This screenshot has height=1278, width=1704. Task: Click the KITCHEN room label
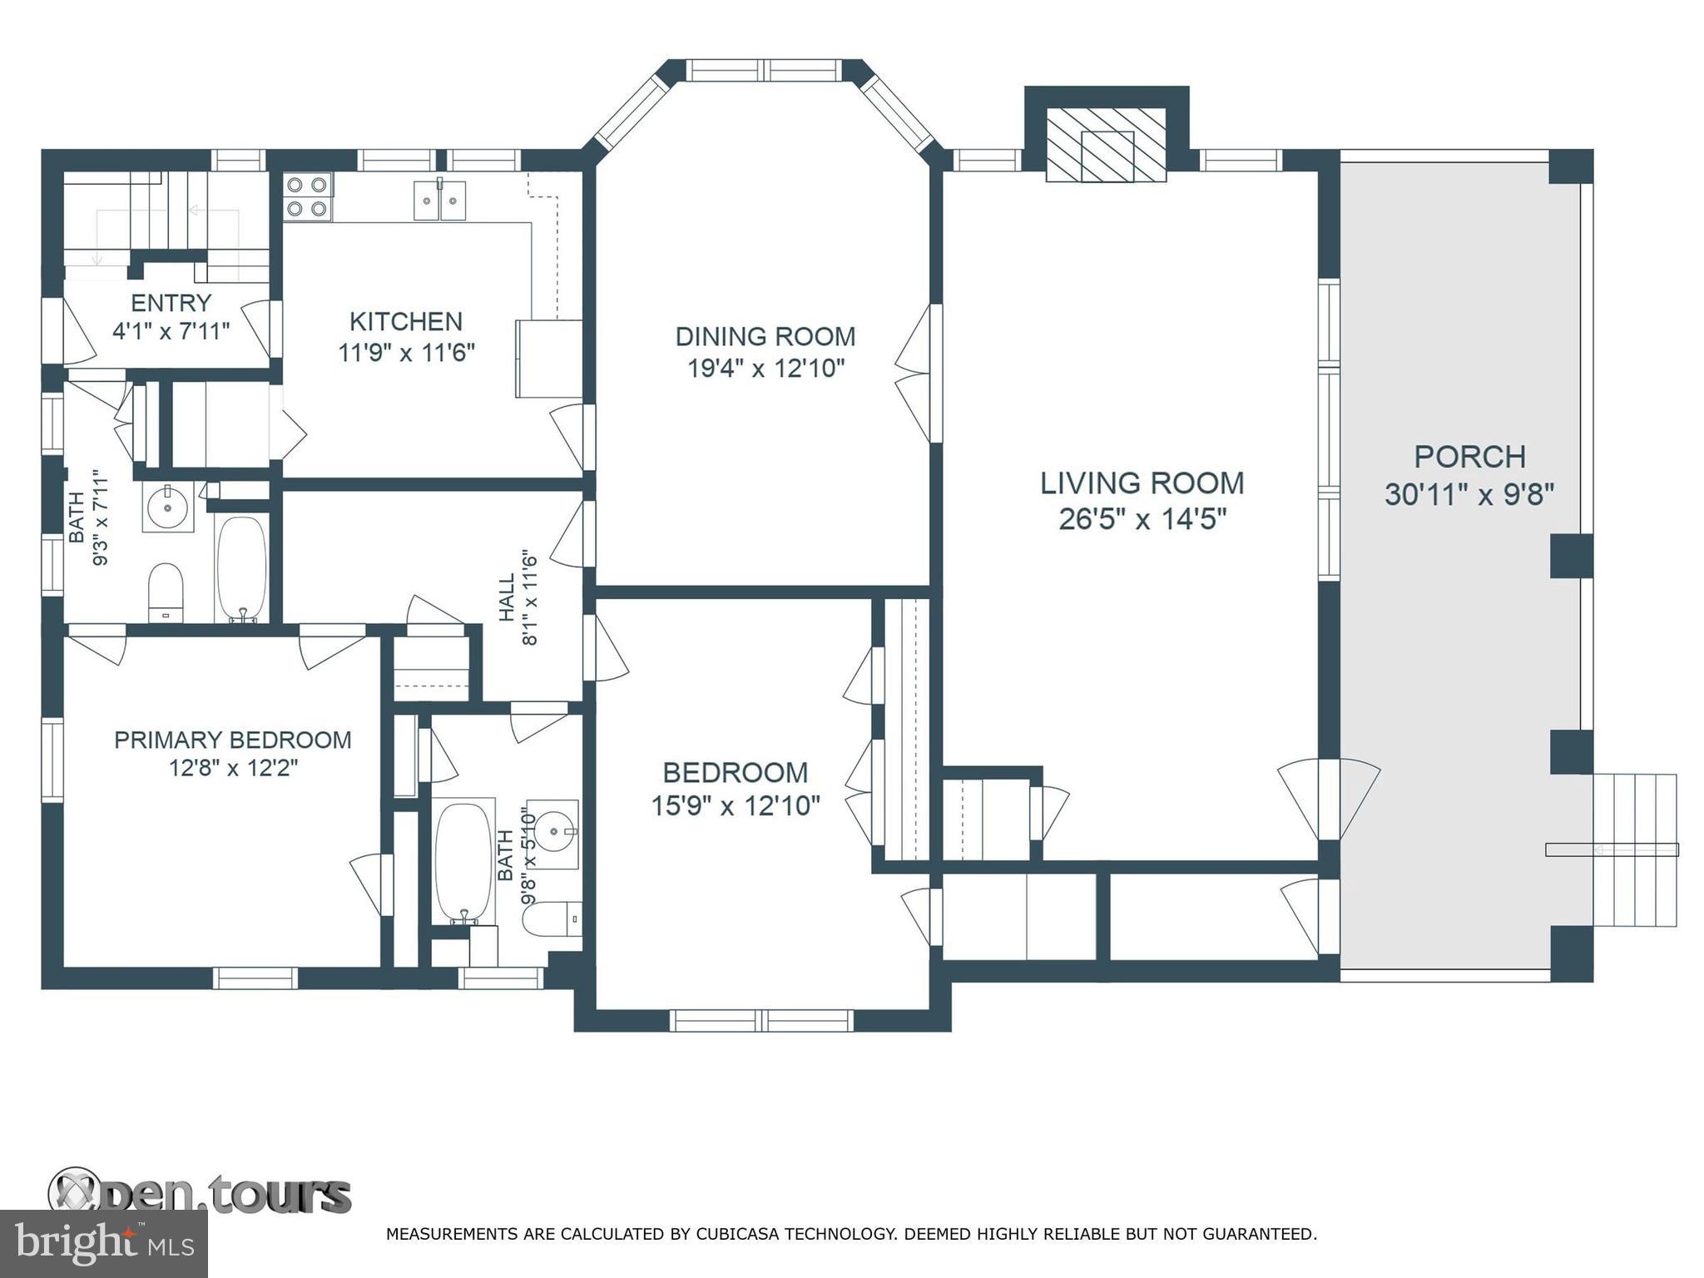[405, 321]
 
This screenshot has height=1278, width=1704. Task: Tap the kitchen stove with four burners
[308, 197]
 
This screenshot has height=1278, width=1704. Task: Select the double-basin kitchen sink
[440, 201]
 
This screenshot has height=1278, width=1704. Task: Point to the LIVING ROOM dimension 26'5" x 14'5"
[1142, 519]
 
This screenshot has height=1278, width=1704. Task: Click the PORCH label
[1469, 457]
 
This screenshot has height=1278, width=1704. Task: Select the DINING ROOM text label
[765, 336]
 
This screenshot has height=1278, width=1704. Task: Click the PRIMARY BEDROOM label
[232, 740]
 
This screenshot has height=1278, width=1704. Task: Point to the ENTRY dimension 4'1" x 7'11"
[171, 331]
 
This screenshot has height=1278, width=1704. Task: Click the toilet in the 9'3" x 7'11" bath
[166, 592]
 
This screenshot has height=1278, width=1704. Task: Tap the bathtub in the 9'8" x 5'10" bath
[463, 861]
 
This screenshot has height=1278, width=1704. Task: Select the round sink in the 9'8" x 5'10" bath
[553, 830]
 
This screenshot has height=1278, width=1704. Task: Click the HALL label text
[507, 597]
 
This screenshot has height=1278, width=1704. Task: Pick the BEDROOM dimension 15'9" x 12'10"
[736, 805]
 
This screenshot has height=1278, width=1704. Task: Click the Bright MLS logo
[103, 1243]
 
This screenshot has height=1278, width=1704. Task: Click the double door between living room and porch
[1329, 799]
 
